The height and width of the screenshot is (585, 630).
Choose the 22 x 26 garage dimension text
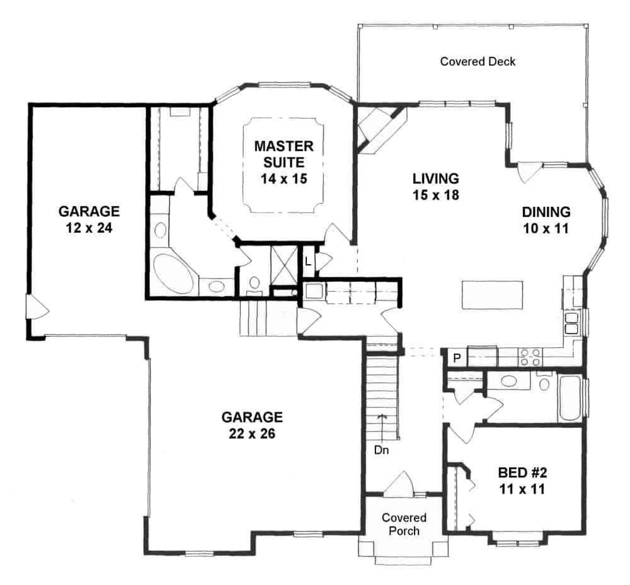(x=252, y=434)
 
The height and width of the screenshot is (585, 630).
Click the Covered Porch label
(x=404, y=524)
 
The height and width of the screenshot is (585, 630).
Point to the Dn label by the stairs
(x=381, y=451)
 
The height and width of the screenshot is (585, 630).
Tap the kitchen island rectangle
(x=492, y=294)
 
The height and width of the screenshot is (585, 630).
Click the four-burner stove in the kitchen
(x=529, y=357)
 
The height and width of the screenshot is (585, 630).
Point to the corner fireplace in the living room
(x=377, y=129)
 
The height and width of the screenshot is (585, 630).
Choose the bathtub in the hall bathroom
(x=570, y=398)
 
